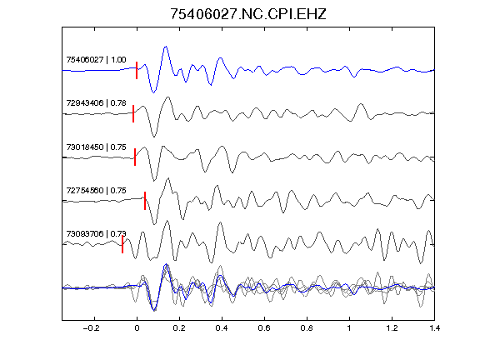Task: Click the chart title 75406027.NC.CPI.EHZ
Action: [x=248, y=14]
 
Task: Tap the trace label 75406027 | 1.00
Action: [x=96, y=59]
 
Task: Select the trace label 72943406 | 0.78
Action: [x=96, y=102]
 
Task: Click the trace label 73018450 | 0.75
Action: [x=96, y=147]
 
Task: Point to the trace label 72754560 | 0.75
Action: [x=96, y=190]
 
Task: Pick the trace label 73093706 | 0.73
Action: [x=96, y=234]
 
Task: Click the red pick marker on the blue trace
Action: [x=137, y=70]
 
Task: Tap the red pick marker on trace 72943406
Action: [x=133, y=113]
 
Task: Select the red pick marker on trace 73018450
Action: [x=135, y=157]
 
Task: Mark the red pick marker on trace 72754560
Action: [x=145, y=201]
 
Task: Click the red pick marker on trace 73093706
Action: [x=122, y=244]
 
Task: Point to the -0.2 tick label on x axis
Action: [x=92, y=328]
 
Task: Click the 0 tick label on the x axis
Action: [x=137, y=328]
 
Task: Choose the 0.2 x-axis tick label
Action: [x=179, y=328]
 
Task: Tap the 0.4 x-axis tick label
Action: [x=222, y=328]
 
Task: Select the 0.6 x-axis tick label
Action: [x=264, y=328]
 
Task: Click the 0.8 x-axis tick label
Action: [x=307, y=328]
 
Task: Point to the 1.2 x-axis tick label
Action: [x=392, y=328]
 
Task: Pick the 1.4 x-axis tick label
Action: [x=434, y=328]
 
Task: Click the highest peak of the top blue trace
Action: [x=166, y=47]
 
